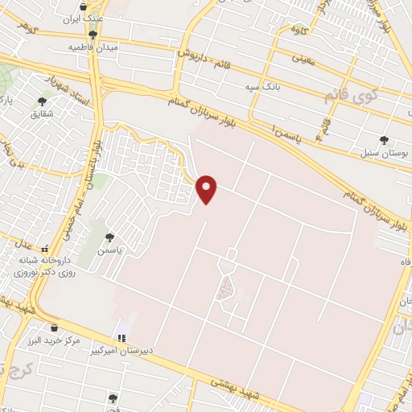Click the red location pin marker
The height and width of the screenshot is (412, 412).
point(208,188)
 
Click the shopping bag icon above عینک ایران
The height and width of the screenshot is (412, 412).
point(94,6)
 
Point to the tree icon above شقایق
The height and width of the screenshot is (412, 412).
point(42,102)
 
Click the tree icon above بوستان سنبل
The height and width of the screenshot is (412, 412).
point(383,139)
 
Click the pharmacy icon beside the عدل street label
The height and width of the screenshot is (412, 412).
point(44,249)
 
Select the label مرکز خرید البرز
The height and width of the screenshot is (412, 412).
point(54,341)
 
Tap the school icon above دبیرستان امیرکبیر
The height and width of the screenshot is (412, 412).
point(122,337)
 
